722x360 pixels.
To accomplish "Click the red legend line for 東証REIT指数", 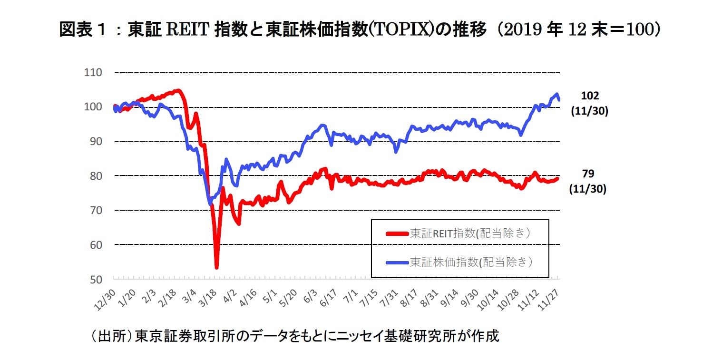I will pyautogui.click(x=398, y=234).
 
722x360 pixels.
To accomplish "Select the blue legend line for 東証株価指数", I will pyautogui.click(x=398, y=262).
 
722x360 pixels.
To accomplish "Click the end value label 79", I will pyautogui.click(x=588, y=174).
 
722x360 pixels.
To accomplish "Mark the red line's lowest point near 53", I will pyautogui.click(x=216, y=268).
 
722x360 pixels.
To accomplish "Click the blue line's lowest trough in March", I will pyautogui.click(x=210, y=204).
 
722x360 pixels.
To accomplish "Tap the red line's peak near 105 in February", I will pyautogui.click(x=177, y=90).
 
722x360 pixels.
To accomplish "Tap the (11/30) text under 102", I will pyautogui.click(x=590, y=111).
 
